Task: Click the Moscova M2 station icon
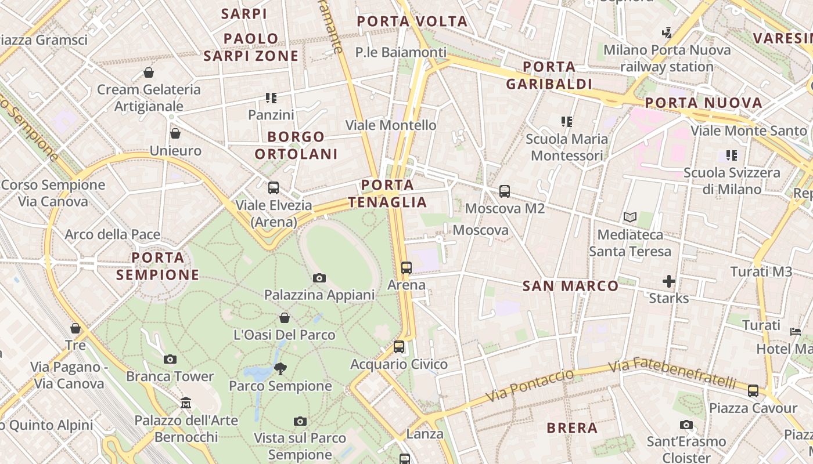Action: [505, 191]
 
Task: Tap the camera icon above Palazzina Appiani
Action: [319, 278]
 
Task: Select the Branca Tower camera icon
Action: [170, 360]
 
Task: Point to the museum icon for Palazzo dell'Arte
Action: [186, 403]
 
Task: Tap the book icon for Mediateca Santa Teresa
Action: [630, 217]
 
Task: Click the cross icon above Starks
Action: [669, 281]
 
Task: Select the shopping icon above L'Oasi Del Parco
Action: [285, 318]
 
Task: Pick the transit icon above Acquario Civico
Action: [399, 347]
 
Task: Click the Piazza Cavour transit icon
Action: [753, 390]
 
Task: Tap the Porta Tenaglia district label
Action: [388, 194]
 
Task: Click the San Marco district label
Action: [571, 285]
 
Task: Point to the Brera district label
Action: [572, 428]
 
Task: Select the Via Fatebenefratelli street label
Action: [672, 374]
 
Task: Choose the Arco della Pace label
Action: [113, 234]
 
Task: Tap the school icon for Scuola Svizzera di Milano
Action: [732, 155]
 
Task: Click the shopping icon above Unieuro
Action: [175, 134]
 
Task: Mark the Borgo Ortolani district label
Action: [296, 146]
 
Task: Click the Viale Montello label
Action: [391, 125]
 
